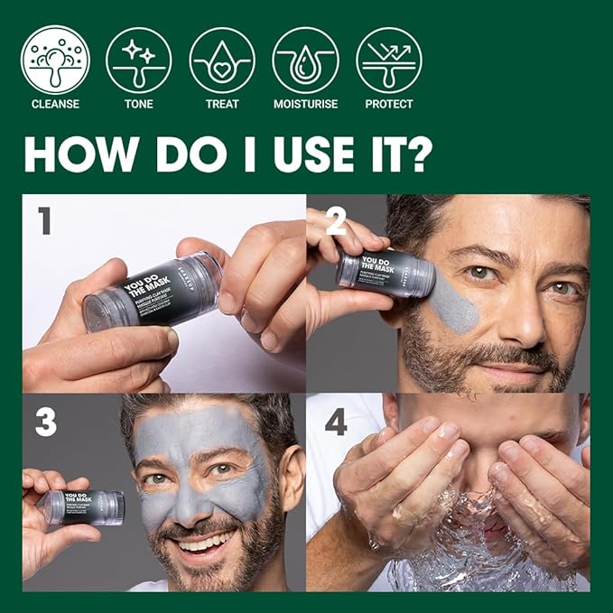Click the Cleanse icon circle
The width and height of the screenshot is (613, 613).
[x=55, y=59]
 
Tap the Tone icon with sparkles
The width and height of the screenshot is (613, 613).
[x=138, y=59]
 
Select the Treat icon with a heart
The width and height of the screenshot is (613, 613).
[x=222, y=59]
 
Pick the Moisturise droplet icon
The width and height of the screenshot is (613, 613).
[x=305, y=59]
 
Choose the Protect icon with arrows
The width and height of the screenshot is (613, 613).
[x=388, y=59]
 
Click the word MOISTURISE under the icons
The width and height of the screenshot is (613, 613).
[x=305, y=104]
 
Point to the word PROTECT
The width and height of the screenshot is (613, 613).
[x=388, y=104]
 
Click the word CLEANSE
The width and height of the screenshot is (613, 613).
[x=55, y=104]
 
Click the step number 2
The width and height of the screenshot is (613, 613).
[x=336, y=221]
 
